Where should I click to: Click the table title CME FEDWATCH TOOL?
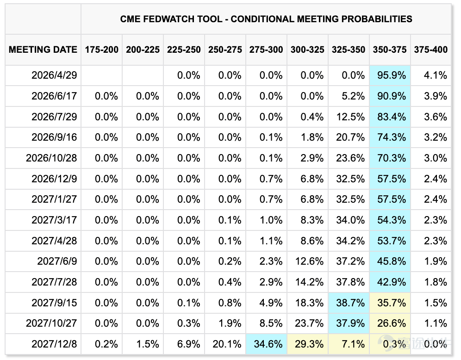[x=171, y=19]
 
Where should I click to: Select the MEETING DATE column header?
[x=43, y=50]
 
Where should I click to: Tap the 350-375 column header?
[x=390, y=50]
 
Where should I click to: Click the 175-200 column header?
[x=102, y=50]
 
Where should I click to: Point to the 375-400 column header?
[x=431, y=50]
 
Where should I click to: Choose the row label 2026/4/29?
[x=54, y=75]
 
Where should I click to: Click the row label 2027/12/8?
[x=54, y=344]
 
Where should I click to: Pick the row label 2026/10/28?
[x=51, y=158]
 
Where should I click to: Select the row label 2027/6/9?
[x=57, y=261]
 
